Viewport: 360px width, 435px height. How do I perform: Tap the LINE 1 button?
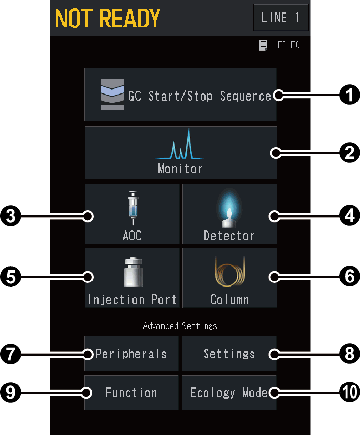(281, 18)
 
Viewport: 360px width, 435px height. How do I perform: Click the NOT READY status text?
(107, 18)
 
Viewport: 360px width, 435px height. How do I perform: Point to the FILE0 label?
(288, 45)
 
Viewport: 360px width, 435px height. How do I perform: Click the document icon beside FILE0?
(263, 45)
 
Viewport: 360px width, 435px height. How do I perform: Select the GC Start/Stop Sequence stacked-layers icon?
(112, 95)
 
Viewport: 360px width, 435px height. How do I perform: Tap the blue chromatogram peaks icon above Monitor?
(180, 144)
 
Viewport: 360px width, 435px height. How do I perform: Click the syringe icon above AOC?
(133, 208)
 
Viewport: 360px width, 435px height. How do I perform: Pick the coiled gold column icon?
(230, 272)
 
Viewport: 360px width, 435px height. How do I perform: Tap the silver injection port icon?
(133, 272)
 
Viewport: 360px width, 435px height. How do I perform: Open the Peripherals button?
(131, 354)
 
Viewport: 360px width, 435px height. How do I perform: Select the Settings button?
(229, 354)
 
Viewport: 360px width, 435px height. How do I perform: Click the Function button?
(131, 393)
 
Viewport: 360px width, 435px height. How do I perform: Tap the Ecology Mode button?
(229, 393)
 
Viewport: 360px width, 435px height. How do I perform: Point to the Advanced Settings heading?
(180, 326)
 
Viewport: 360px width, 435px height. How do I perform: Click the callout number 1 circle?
(350, 95)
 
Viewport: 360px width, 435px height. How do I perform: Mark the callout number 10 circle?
(350, 392)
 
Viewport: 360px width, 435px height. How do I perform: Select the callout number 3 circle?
(10, 216)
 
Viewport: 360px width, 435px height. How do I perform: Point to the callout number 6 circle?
(350, 276)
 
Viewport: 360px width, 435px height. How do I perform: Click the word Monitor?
(180, 168)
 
